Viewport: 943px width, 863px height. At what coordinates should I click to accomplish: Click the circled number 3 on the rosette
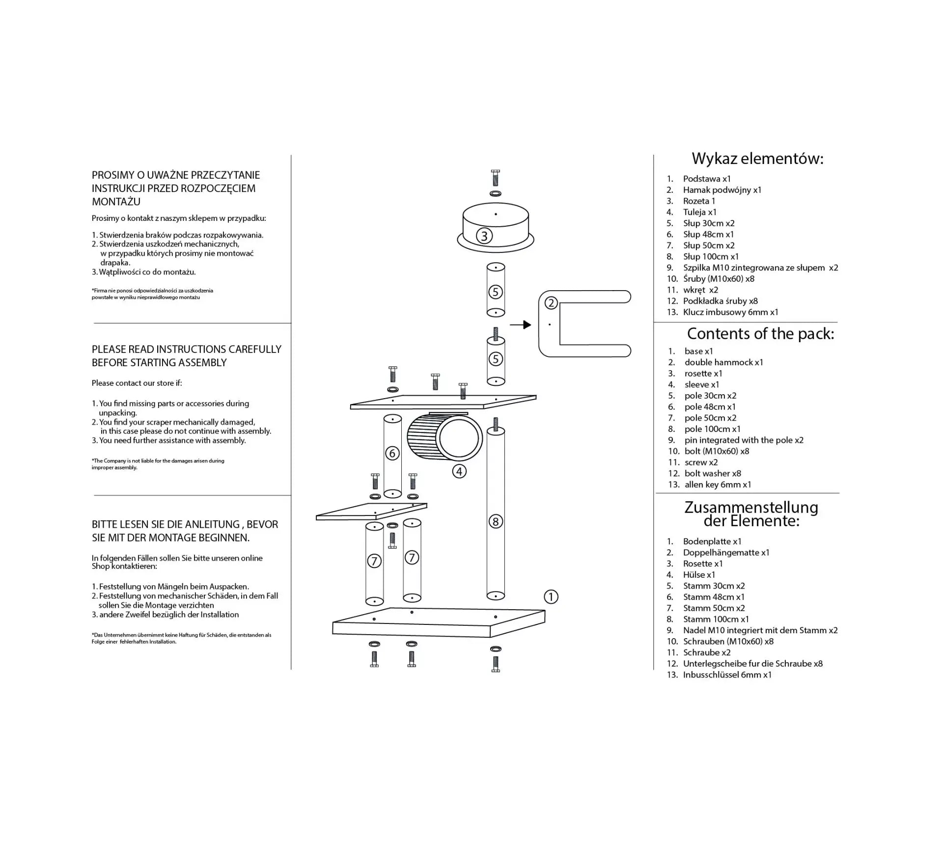click(x=484, y=236)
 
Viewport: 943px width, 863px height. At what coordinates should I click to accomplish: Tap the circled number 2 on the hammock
click(x=551, y=303)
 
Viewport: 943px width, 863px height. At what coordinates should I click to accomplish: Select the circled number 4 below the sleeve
click(x=459, y=472)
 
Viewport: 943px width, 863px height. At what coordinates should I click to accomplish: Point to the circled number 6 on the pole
click(x=392, y=453)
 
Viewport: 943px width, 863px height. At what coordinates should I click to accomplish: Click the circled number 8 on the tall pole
click(x=496, y=521)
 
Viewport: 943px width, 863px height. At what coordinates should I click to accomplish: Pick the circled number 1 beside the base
click(x=551, y=597)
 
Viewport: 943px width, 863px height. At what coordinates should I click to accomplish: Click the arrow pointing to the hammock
click(x=521, y=324)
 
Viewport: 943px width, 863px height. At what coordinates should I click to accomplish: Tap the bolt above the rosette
click(x=495, y=178)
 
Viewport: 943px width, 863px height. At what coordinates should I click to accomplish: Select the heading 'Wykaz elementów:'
click(x=757, y=159)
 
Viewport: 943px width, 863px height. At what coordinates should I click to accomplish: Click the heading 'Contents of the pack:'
click(x=760, y=334)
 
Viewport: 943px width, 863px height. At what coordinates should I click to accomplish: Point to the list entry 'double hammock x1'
click(x=724, y=362)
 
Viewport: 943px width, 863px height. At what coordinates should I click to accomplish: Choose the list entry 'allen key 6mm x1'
click(x=718, y=485)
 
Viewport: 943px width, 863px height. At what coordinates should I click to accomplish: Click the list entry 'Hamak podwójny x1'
click(x=722, y=190)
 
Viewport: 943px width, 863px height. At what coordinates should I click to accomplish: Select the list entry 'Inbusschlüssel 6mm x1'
click(x=727, y=674)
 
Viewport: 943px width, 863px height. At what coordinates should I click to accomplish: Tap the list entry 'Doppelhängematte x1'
click(x=726, y=553)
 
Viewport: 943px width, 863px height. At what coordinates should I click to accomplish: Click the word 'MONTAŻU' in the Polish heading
click(x=116, y=202)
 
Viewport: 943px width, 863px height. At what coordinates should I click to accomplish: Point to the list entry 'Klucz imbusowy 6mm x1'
click(x=731, y=312)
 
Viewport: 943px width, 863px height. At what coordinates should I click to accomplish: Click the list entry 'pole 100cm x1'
click(x=713, y=429)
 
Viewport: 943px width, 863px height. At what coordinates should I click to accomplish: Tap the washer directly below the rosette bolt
click(x=496, y=194)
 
